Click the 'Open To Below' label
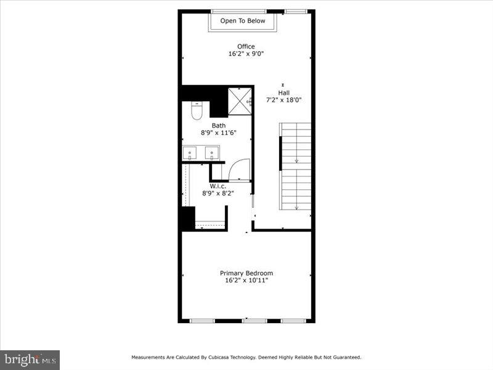click(243, 21)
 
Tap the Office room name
click(246, 46)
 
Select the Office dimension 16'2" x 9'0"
click(246, 54)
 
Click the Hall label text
click(283, 93)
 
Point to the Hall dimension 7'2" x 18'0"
click(283, 101)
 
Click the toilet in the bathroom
click(197, 112)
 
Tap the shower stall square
click(240, 100)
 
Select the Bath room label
click(219, 125)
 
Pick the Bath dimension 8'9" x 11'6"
click(219, 133)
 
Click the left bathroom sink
click(190, 152)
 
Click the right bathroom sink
click(211, 152)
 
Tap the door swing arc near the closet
click(240, 168)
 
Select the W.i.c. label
click(218, 186)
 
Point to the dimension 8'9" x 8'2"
click(218, 193)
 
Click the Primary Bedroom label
click(246, 273)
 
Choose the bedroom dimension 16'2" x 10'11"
click(246, 281)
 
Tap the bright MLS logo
click(30, 359)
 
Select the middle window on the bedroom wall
click(255, 321)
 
